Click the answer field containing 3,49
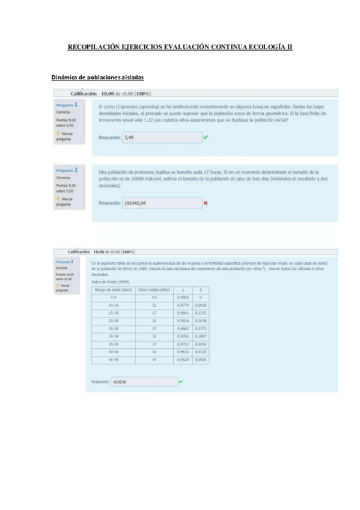(x=160, y=137)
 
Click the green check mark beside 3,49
(x=206, y=137)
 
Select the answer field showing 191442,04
(x=160, y=203)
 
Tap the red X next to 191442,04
(x=206, y=203)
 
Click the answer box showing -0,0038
(x=144, y=382)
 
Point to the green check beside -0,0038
(x=181, y=382)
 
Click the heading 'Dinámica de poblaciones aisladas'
(x=97, y=78)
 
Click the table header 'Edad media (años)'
(x=154, y=289)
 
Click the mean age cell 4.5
(x=154, y=297)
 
